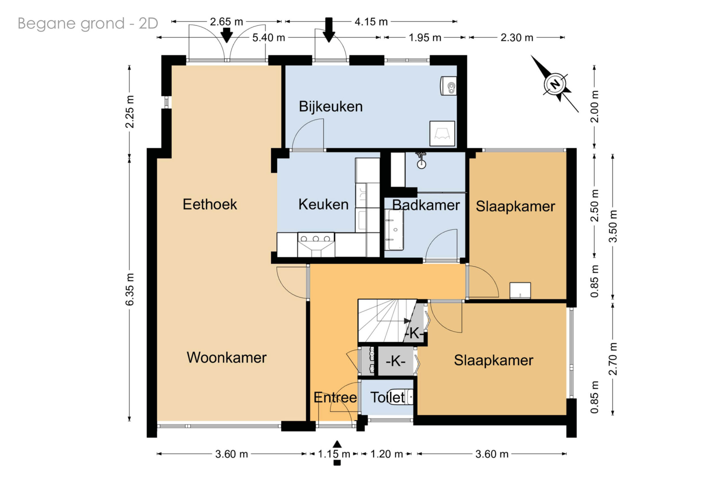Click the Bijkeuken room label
pyautogui.click(x=331, y=106)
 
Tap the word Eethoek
pyautogui.click(x=210, y=204)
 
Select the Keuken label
pyautogui.click(x=323, y=204)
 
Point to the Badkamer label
pyautogui.click(x=426, y=205)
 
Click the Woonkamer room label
pyautogui.click(x=227, y=358)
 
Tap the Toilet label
pyautogui.click(x=387, y=397)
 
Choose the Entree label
pyautogui.click(x=335, y=397)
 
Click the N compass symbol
pyautogui.click(x=555, y=84)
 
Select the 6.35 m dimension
pyautogui.click(x=130, y=289)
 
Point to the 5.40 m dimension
pyautogui.click(x=269, y=38)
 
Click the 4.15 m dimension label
pyautogui.click(x=371, y=22)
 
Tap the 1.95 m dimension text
pyautogui.click(x=425, y=38)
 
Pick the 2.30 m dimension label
pyautogui.click(x=517, y=38)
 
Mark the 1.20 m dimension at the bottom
pyautogui.click(x=386, y=454)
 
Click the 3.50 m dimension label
pyautogui.click(x=613, y=226)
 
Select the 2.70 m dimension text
pyautogui.click(x=613, y=359)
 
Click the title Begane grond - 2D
pyautogui.click(x=88, y=23)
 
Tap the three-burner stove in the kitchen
pyautogui.click(x=316, y=245)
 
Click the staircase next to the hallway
pyautogui.click(x=387, y=320)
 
